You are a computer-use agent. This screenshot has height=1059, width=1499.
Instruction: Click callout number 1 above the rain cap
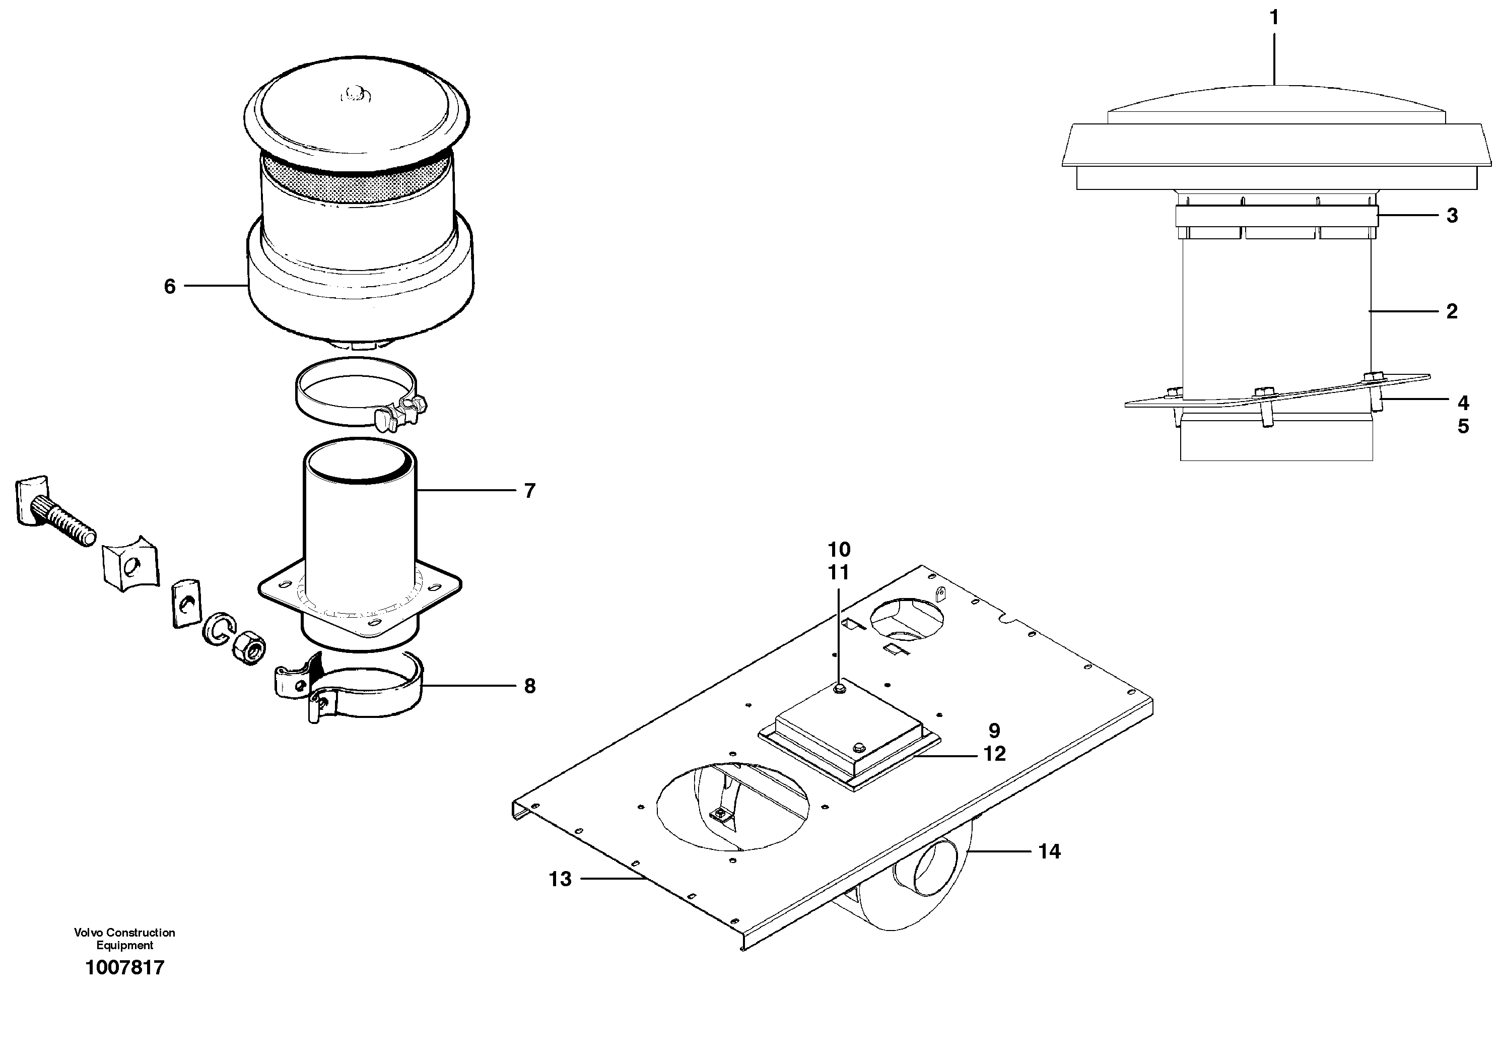pos(1274,18)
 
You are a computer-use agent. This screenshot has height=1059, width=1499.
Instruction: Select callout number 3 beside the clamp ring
pos(1452,216)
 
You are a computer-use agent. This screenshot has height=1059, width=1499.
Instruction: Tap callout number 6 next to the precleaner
pos(170,286)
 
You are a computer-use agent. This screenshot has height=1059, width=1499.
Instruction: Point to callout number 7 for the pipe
pos(529,490)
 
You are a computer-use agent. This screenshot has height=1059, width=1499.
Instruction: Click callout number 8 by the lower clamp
pos(529,686)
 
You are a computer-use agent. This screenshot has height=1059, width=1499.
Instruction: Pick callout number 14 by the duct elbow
pos(1049,851)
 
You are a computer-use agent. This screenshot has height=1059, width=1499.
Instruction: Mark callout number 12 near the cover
pos(994,754)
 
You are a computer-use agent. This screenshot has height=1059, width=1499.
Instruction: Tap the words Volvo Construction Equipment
pos(124,938)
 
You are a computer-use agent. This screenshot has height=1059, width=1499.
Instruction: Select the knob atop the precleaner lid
pos(356,95)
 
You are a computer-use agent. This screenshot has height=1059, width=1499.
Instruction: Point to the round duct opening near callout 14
pos(934,868)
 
